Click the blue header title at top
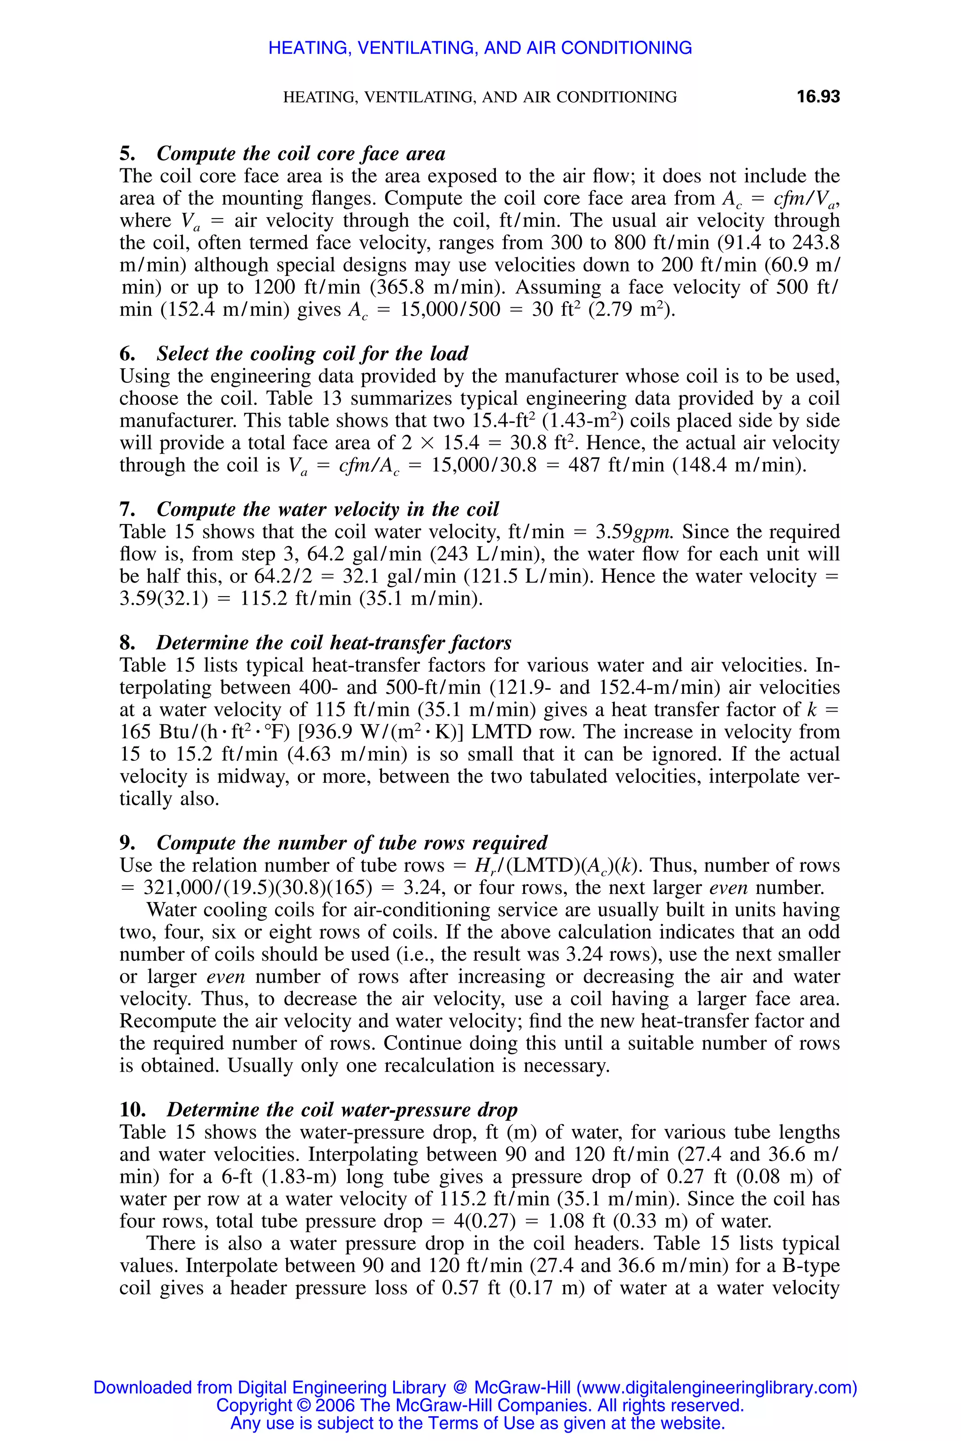480,48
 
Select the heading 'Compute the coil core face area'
301,153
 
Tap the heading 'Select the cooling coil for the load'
312,354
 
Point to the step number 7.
126,509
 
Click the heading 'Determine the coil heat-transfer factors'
334,643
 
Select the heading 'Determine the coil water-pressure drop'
342,1109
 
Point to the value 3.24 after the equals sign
420,888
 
